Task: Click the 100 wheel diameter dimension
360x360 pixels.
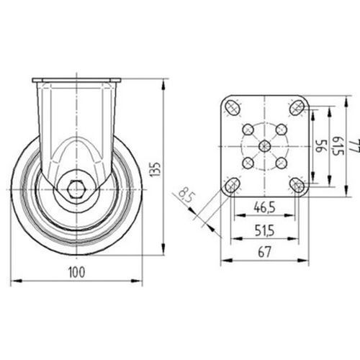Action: [77, 272]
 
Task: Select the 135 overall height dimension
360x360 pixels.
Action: [155, 170]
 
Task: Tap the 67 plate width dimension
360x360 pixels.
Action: [264, 252]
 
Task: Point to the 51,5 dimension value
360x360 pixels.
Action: [264, 231]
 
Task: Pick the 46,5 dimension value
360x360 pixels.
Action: [264, 207]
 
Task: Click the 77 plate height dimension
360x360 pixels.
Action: [356, 146]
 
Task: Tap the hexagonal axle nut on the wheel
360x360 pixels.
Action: [76, 189]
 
